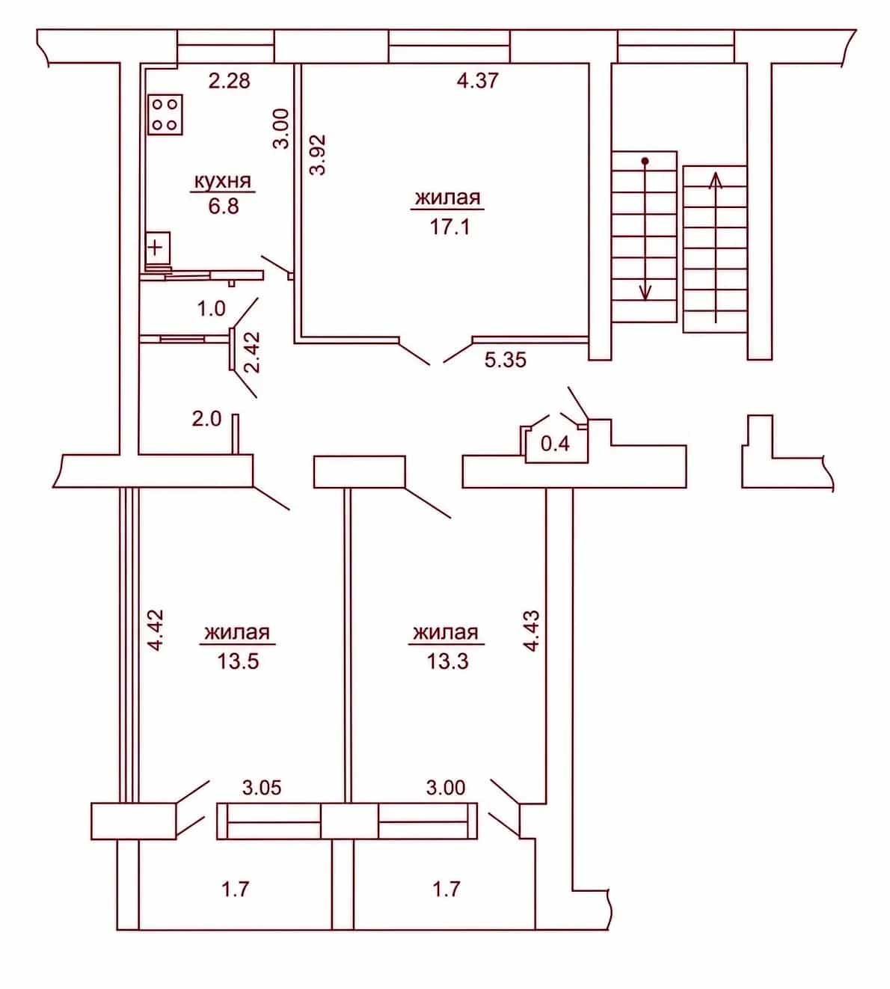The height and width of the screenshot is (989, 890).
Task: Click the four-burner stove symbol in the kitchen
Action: click(x=165, y=115)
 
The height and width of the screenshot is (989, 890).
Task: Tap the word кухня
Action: click(x=223, y=182)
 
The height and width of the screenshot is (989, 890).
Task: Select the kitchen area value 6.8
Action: click(x=224, y=206)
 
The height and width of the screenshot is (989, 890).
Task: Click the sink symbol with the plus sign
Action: click(x=159, y=247)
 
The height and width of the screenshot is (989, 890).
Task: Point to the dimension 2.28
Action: click(x=230, y=81)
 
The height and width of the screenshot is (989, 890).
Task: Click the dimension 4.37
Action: click(x=478, y=80)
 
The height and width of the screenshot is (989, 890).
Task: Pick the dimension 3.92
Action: click(x=318, y=155)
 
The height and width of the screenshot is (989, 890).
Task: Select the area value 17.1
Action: click(x=449, y=227)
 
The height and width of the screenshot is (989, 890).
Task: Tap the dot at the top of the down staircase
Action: click(x=645, y=162)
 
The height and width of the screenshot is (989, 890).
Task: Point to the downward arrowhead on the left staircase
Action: click(x=645, y=293)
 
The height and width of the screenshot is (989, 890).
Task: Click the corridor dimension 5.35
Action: click(x=506, y=360)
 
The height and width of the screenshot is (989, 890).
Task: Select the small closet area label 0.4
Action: click(x=555, y=444)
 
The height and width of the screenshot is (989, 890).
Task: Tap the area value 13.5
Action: click(x=238, y=661)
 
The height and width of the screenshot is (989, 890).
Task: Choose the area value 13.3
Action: click(x=447, y=661)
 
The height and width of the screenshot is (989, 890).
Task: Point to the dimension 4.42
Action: click(x=156, y=631)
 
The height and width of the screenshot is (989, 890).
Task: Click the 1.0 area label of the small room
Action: click(x=211, y=309)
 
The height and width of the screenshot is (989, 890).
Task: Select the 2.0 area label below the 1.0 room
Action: click(x=206, y=420)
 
